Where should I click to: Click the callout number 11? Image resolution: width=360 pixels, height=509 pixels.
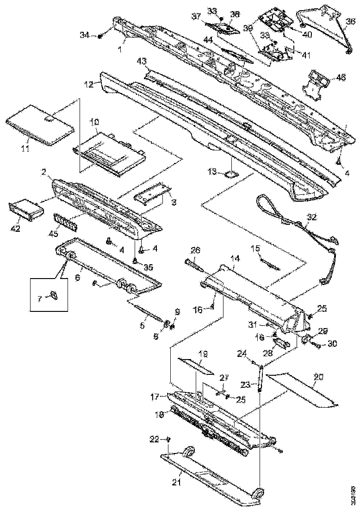25,148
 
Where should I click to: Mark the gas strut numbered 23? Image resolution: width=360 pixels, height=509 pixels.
261,377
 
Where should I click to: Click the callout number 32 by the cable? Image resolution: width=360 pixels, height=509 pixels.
312,217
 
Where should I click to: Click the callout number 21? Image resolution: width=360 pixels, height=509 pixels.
176,483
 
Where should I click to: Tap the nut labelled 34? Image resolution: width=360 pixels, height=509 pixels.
99,36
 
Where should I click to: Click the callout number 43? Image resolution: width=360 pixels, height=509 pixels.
141,61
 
